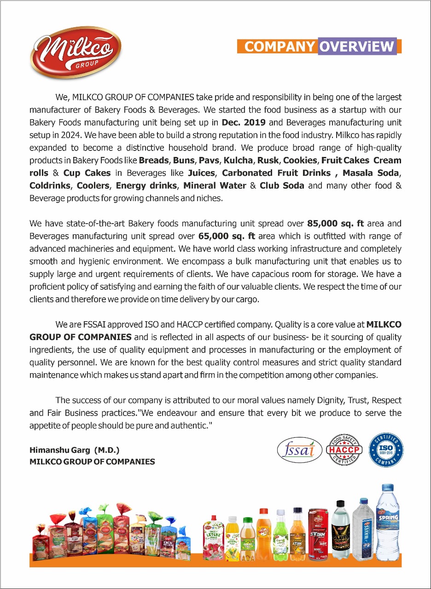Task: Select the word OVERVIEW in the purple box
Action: tap(357, 46)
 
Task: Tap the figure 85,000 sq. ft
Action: tap(335, 224)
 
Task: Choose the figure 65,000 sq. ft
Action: tap(227, 236)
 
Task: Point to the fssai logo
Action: tap(299, 449)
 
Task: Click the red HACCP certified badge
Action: tap(344, 449)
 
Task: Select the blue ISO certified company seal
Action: tap(387, 449)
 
